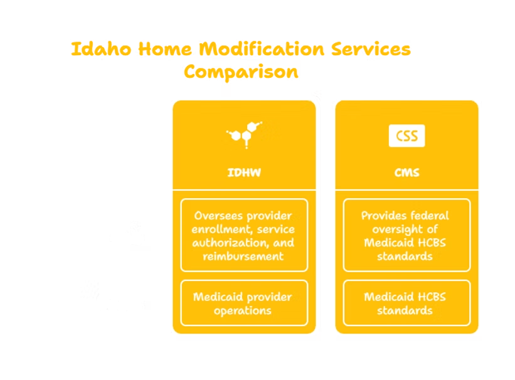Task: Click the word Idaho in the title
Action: pyautogui.click(x=101, y=50)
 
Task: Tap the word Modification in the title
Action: pyautogui.click(x=262, y=50)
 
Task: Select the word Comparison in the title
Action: pyautogui.click(x=241, y=72)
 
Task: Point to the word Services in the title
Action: pyautogui.click(x=371, y=50)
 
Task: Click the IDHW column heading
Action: pyautogui.click(x=244, y=172)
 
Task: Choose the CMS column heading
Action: pyautogui.click(x=406, y=172)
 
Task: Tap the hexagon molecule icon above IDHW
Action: pyautogui.click(x=245, y=135)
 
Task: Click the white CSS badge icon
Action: pyautogui.click(x=406, y=135)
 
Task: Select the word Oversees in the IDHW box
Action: pyautogui.click(x=218, y=216)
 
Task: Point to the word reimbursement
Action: pyautogui.click(x=243, y=256)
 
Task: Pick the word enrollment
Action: pyautogui.click(x=223, y=230)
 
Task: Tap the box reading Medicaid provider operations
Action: pyautogui.click(x=244, y=303)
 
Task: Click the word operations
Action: pyautogui.click(x=243, y=310)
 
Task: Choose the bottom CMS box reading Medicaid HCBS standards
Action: pyautogui.click(x=406, y=303)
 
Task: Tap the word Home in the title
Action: pyautogui.click(x=165, y=50)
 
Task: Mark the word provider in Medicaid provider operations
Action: pyautogui.click(x=269, y=297)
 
